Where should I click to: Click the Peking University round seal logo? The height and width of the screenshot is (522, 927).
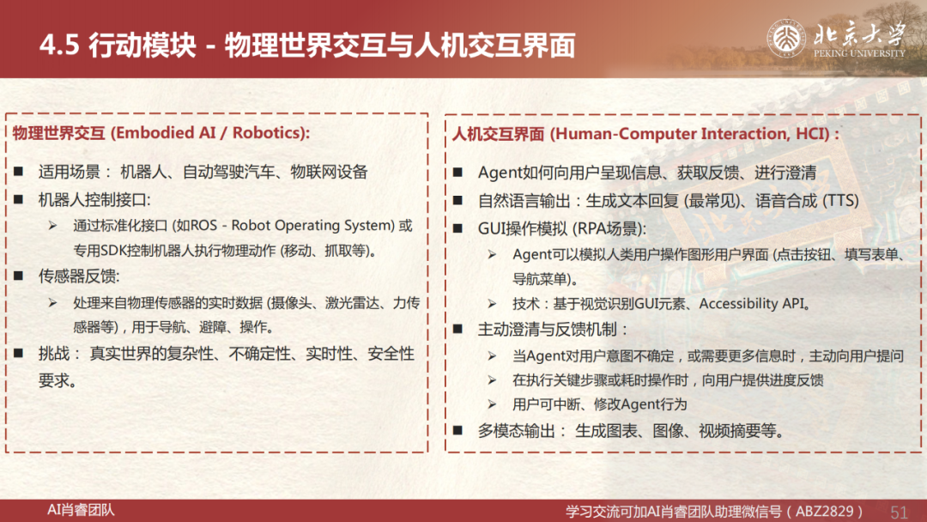click(786, 39)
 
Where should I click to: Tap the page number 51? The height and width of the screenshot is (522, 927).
click(899, 512)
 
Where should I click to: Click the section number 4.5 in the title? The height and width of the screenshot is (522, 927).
click(59, 45)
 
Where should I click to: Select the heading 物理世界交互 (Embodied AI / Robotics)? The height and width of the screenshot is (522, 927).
click(161, 132)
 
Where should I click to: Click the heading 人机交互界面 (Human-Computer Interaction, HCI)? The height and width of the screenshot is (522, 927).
click(645, 134)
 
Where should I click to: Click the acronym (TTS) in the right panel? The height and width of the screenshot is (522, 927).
click(840, 200)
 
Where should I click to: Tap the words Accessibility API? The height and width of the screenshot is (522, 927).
click(753, 303)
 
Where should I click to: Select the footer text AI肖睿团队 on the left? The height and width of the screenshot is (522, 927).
click(81, 510)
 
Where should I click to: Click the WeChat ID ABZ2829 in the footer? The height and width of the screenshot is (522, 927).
click(824, 512)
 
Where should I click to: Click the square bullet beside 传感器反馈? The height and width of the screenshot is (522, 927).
click(18, 276)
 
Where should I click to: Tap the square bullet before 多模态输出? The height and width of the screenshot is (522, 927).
click(457, 430)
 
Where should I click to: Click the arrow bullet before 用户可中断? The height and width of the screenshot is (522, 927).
click(492, 404)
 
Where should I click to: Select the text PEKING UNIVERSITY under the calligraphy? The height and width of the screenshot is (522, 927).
click(859, 53)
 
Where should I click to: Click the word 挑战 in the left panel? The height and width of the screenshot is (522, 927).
click(54, 354)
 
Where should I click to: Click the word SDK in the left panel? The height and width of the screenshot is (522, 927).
click(112, 251)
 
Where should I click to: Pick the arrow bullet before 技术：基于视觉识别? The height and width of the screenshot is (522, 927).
click(492, 304)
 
